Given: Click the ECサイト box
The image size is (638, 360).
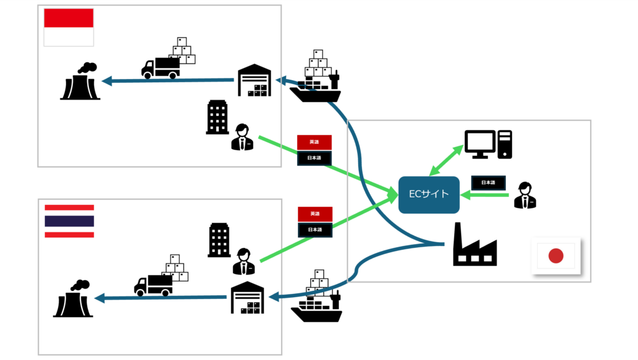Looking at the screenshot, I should [429, 194].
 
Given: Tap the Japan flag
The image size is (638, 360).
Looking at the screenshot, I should [556, 255].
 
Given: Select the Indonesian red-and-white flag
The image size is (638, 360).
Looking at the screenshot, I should [69, 27].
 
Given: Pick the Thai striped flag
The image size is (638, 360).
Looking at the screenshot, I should [69, 221].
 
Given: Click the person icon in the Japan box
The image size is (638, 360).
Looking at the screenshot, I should [524, 195].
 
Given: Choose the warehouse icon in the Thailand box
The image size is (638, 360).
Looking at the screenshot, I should [247, 298].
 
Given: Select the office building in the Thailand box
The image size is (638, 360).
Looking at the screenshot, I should [219, 240].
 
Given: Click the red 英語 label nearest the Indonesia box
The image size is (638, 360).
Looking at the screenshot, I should [314, 141].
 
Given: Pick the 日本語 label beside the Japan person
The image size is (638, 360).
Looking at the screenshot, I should [488, 183].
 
